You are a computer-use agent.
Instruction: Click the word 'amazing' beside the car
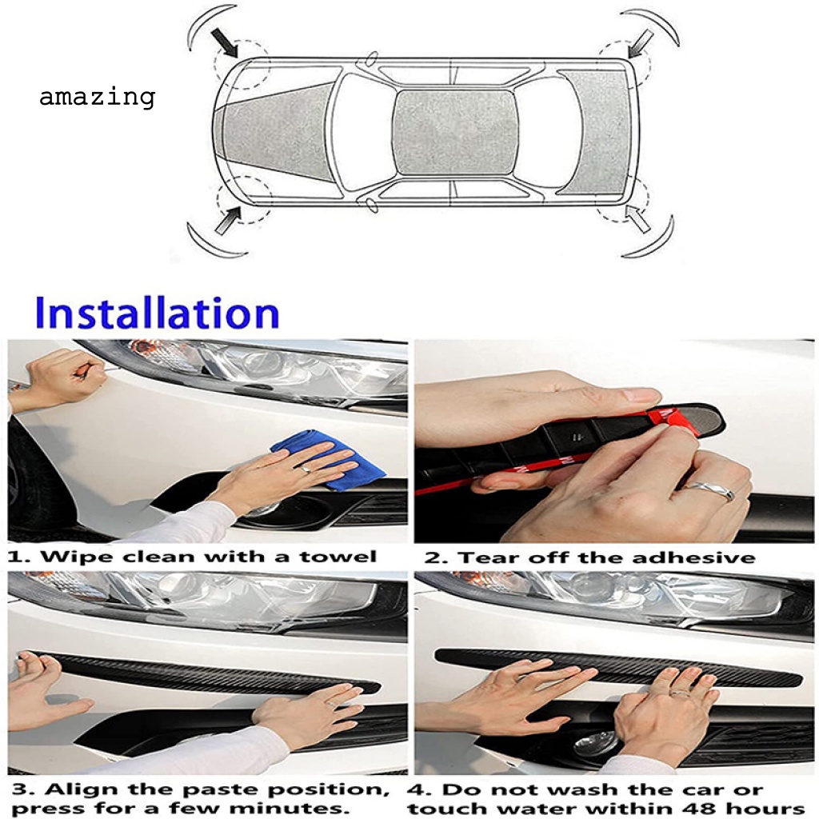click(x=97, y=98)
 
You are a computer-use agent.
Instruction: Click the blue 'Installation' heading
click(x=158, y=313)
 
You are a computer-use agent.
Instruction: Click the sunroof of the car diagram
click(x=456, y=132)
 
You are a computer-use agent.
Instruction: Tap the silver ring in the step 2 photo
click(x=709, y=489)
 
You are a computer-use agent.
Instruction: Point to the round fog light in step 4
click(x=595, y=743)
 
